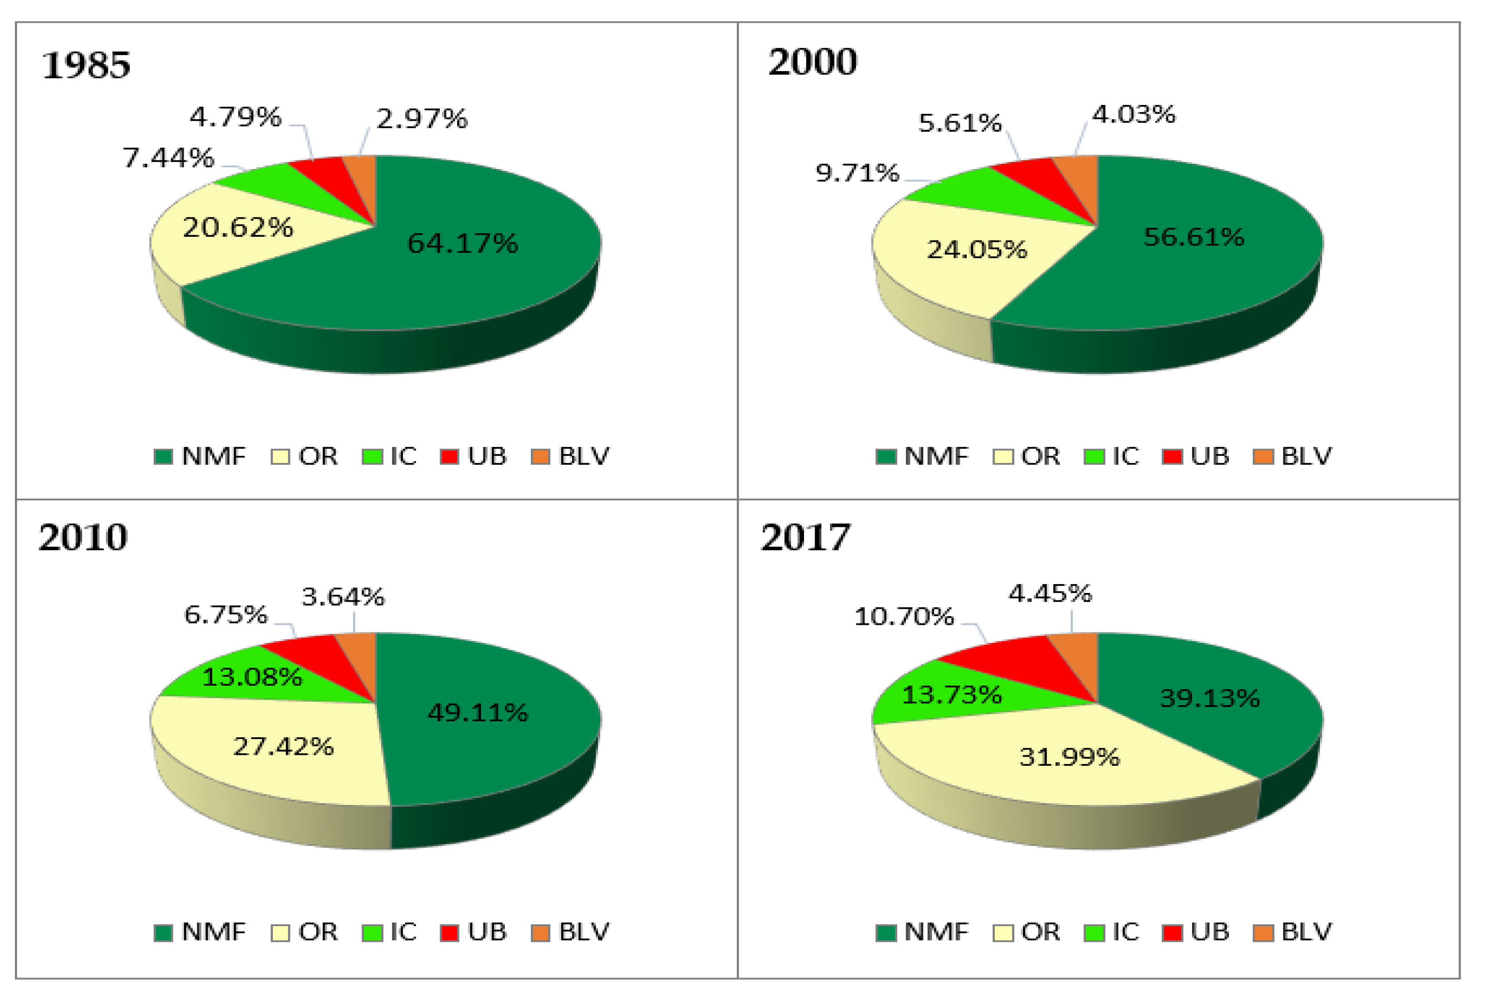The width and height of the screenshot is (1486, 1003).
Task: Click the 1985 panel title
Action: tap(86, 65)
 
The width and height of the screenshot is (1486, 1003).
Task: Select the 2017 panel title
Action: tap(806, 537)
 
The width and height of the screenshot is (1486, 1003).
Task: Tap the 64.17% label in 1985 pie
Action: tap(462, 243)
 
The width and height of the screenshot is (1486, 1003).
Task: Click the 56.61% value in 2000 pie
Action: tap(1193, 237)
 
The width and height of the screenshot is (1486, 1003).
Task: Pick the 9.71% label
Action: tap(857, 173)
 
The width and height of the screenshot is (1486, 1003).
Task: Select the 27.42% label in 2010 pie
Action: tap(283, 746)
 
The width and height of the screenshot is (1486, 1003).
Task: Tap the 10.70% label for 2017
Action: tap(903, 616)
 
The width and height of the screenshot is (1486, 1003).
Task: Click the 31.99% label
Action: tap(1069, 757)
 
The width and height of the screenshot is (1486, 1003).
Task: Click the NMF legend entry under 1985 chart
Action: tap(200, 456)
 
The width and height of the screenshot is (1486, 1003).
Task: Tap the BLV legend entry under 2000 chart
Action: tap(1293, 456)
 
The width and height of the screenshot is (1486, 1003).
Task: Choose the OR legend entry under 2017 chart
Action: tap(1027, 932)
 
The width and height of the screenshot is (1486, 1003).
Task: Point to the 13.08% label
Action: tap(252, 676)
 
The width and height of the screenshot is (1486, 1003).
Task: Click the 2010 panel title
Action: tap(83, 537)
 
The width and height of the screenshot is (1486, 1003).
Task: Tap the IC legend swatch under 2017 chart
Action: tap(1094, 933)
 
